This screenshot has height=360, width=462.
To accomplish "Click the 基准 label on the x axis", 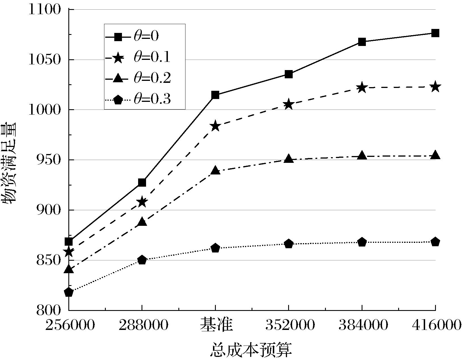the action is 216,325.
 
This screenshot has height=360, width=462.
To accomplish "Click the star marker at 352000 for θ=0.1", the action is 288,104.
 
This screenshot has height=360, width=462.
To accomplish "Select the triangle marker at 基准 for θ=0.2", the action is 215,170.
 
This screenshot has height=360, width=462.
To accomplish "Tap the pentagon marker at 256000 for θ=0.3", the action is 69,292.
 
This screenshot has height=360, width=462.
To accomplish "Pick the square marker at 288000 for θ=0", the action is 142,182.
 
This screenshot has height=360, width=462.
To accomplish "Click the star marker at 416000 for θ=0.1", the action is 435,87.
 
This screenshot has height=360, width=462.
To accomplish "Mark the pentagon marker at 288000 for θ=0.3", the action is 142,260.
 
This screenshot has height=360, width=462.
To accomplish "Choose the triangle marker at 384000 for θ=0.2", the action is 362,156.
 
